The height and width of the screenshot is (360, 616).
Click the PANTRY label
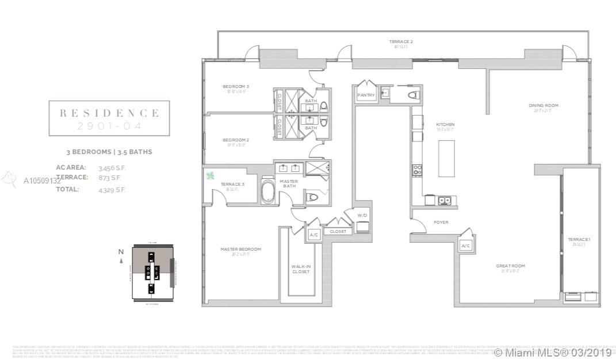366,95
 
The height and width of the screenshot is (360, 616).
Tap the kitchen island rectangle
446,158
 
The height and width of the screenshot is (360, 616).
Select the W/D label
362,216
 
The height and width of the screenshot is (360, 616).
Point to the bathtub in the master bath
268,191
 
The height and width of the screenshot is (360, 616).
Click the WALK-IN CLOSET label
301,269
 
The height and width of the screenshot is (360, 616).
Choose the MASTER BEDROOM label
240,249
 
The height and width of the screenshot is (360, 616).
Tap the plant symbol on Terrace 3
210,175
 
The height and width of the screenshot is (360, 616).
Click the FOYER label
441,222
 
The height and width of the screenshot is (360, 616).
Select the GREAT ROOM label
511,266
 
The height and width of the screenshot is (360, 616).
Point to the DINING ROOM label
544,105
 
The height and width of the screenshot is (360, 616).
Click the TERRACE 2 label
401,41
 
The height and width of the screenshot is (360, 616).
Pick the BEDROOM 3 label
236,86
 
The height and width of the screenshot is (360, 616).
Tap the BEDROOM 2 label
236,140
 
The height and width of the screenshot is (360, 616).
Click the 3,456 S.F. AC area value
112,167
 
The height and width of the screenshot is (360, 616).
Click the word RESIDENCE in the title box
109,113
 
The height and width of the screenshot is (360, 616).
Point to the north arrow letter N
121,251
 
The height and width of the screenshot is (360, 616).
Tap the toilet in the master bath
313,197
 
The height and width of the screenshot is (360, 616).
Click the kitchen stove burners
417,170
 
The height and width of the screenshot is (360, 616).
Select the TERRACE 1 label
579,239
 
